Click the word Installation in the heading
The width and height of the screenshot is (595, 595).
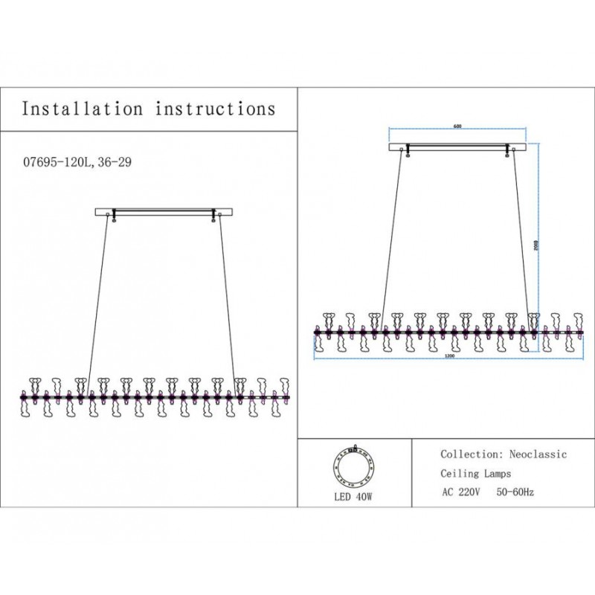point(82,109)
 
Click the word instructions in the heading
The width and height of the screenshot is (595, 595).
point(216,109)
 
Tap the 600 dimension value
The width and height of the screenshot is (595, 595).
point(457,126)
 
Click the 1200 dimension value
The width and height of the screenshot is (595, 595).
point(449,356)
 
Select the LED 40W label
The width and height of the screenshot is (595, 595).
point(354,496)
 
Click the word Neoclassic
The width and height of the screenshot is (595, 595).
point(538,454)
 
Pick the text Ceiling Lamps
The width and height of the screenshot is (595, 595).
point(476,473)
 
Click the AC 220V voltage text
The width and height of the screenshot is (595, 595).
point(462,492)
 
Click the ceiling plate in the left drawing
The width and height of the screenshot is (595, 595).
point(165,211)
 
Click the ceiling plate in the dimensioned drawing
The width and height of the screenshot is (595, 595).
point(457,147)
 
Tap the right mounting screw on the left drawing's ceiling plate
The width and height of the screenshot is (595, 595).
point(214,216)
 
